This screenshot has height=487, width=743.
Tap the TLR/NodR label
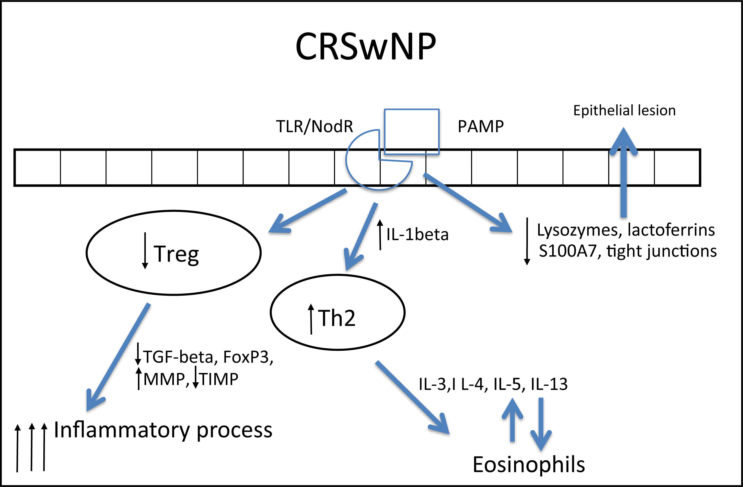click(314, 127)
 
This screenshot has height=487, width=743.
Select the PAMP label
click(481, 127)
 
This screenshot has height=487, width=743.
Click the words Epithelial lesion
click(624, 111)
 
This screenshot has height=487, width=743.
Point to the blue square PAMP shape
click(412, 132)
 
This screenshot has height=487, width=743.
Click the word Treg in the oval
click(177, 254)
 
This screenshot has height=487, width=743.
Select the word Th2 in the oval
click(336, 318)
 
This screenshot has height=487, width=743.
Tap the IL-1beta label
click(417, 234)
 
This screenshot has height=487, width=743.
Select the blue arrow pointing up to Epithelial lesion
click(623, 172)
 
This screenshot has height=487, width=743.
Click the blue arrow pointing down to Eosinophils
click(541, 424)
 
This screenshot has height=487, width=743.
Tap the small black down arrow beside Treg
click(145, 250)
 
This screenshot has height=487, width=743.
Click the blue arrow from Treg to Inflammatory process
click(118, 357)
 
